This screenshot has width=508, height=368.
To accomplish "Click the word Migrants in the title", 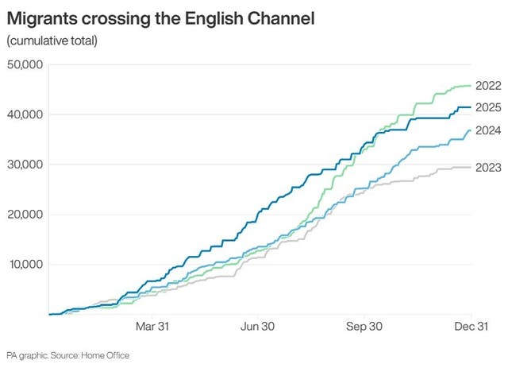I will point(44,17).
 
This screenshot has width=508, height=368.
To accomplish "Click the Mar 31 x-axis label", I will point(152,327).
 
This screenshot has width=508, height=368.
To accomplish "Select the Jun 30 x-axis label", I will point(258,327).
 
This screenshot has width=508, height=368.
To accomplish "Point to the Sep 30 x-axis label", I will point(364,327).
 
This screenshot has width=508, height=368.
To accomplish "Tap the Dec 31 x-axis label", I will point(471,327).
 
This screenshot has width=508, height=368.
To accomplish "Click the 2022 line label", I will point(488,85).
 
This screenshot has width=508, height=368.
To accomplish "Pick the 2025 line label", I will point(488,107).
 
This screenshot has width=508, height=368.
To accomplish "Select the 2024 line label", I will point(488,130).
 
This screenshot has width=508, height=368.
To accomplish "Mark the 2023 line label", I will point(488,167).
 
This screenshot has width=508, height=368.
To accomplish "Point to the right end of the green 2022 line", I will point(471,85).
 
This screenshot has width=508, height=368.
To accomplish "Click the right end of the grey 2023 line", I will point(471,167).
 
